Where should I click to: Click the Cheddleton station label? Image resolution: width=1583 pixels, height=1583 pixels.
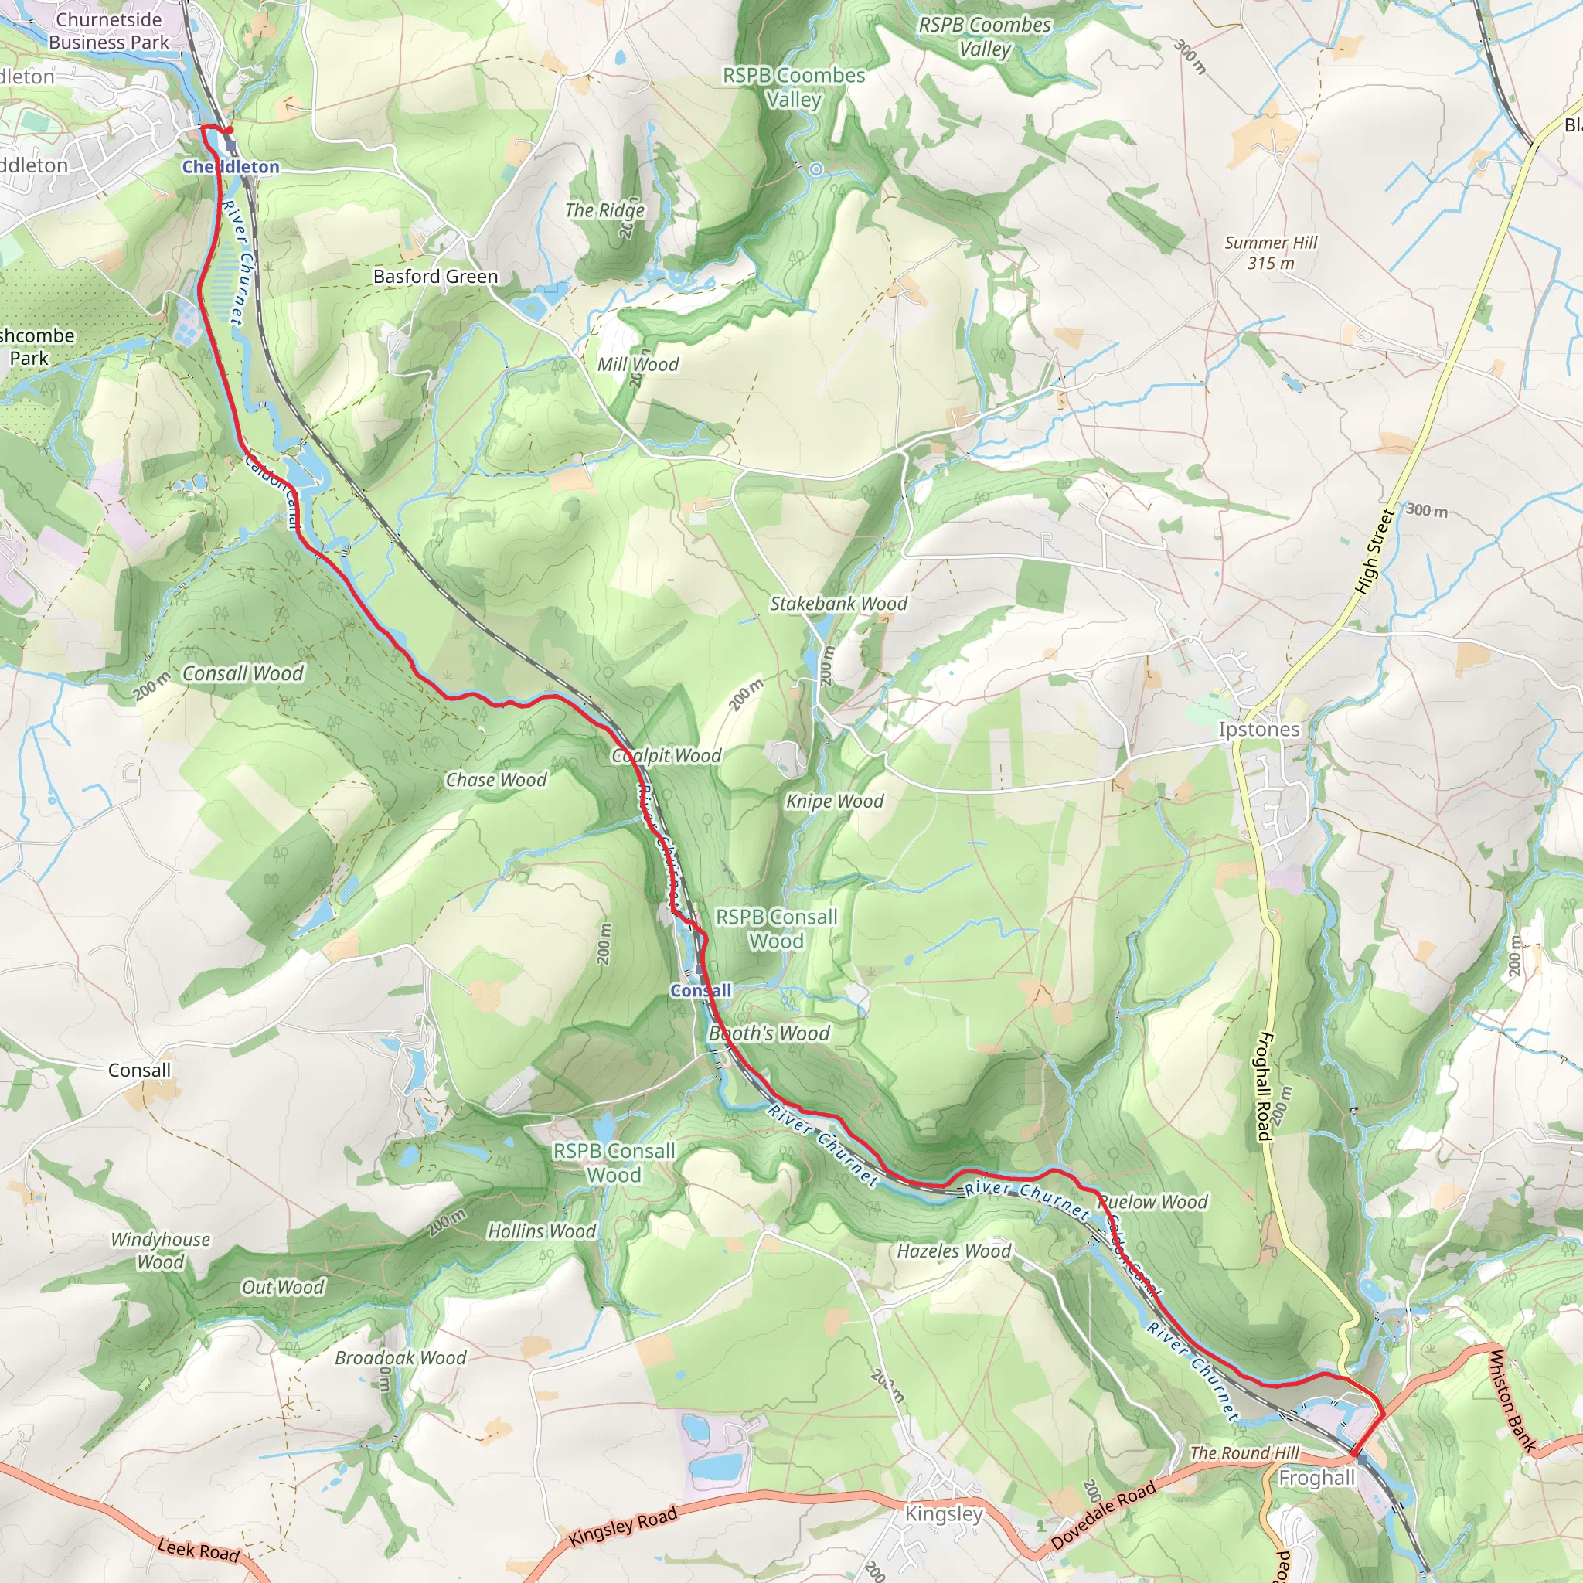(230, 166)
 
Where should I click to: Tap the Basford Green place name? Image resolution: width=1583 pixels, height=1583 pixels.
(435, 276)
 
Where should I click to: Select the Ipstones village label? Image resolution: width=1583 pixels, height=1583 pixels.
(1258, 729)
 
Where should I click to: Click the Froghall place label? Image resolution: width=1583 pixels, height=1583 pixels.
(1316, 1477)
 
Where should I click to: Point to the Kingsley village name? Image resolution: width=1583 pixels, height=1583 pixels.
(943, 1513)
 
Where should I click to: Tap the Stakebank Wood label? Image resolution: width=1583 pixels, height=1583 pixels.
(838, 604)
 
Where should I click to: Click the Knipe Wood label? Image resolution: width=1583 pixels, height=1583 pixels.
(835, 802)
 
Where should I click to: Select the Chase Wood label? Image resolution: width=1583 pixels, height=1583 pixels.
(495, 780)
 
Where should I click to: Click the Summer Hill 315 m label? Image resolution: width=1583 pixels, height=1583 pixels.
(1271, 252)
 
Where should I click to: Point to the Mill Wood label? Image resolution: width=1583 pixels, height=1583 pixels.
(638, 365)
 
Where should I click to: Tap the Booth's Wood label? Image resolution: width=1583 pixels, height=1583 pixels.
(768, 1033)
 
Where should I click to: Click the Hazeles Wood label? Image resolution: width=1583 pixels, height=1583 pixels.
(954, 1251)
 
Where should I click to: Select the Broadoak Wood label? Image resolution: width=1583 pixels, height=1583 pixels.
(400, 1357)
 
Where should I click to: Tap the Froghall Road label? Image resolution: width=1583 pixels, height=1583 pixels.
(1264, 1086)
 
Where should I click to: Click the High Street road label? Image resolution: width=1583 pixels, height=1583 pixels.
(1374, 550)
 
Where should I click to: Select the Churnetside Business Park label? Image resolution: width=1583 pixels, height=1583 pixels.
(108, 30)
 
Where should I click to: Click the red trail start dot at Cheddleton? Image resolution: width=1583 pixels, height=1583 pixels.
(230, 129)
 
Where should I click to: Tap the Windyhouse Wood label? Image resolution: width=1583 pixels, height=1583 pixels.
(161, 1251)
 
